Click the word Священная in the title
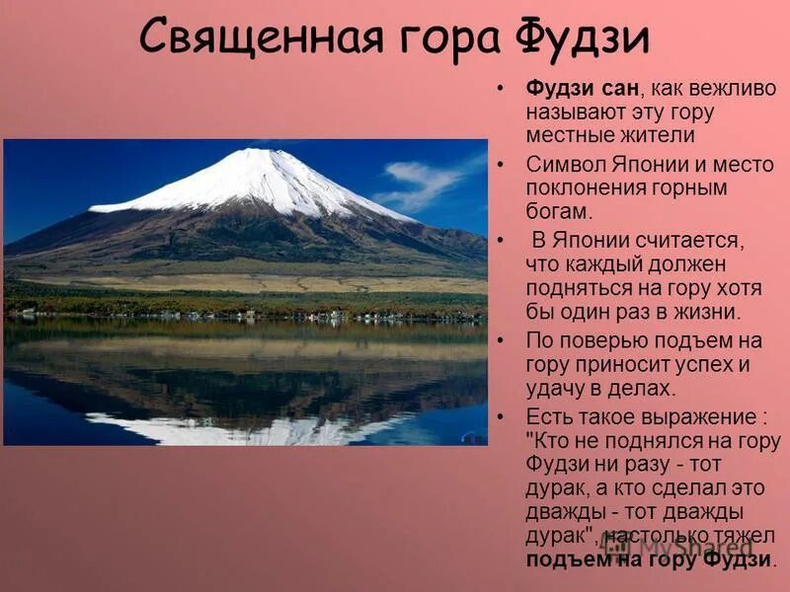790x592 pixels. pyautogui.click(x=260, y=39)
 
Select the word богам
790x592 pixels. pyautogui.click(x=558, y=211)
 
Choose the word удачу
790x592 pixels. pyautogui.click(x=559, y=389)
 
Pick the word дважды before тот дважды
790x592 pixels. pyautogui.click(x=562, y=512)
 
